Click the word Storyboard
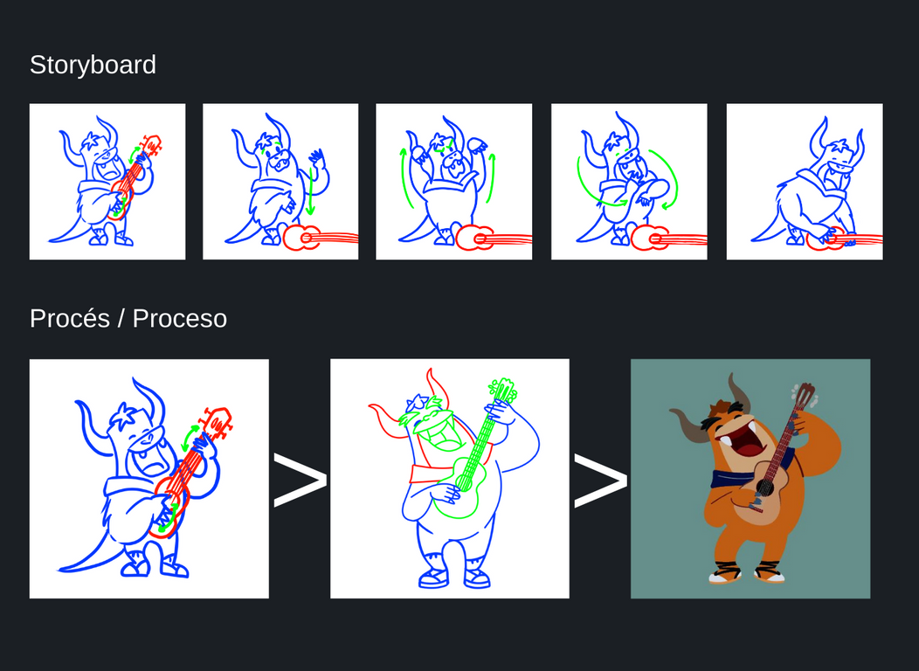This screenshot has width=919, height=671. click(93, 65)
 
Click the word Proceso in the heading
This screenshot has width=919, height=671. click(179, 319)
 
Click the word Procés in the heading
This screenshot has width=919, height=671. click(70, 319)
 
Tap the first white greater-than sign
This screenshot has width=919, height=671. click(301, 480)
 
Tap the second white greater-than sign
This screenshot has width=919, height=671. click(600, 480)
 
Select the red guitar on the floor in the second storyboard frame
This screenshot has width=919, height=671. click(320, 238)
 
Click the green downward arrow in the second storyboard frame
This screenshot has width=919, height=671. click(311, 190)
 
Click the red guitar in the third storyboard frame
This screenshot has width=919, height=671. click(494, 238)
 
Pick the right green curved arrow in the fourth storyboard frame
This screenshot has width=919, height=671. click(669, 176)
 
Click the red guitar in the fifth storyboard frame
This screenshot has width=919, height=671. click(844, 239)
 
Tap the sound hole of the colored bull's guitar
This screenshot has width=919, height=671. click(764, 487)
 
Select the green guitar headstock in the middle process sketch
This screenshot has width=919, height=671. click(502, 391)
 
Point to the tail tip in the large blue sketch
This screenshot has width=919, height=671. click(59, 569)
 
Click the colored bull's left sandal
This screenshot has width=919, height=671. click(725, 572)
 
